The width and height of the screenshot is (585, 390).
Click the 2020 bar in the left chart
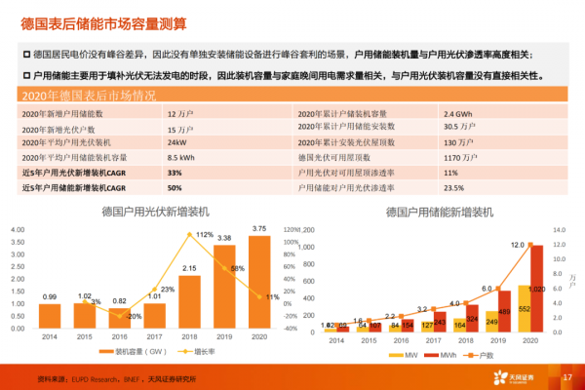[x=258, y=282]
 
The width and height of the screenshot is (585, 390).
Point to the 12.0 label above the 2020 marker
[x=518, y=245]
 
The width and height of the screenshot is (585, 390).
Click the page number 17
[x=565, y=377]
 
